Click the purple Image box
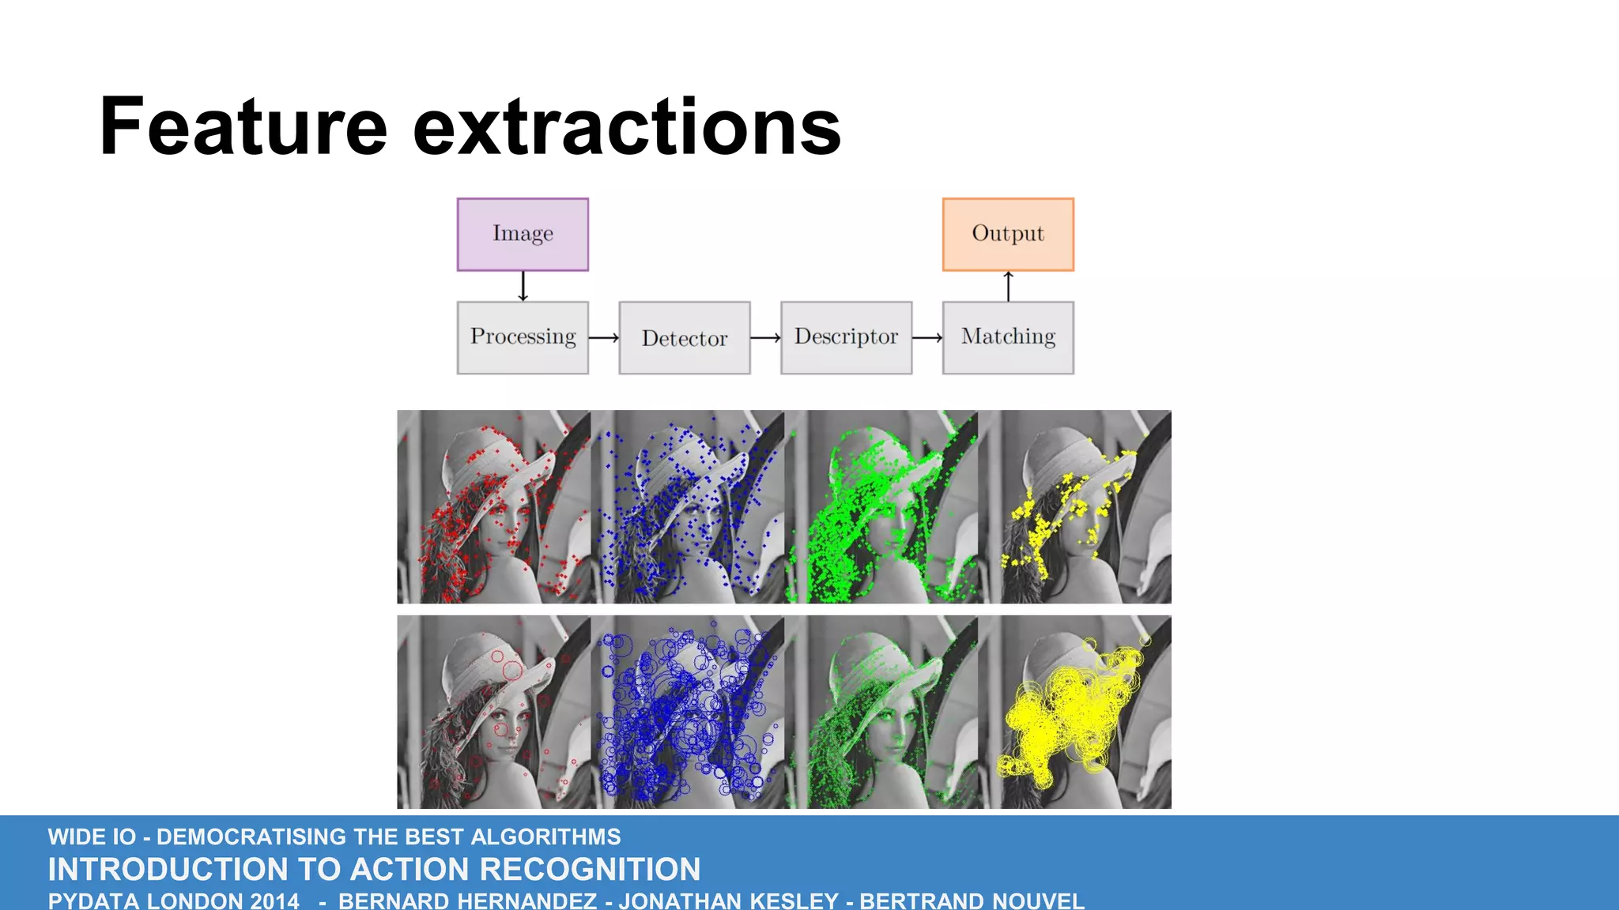click(x=523, y=235)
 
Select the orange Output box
click(x=1008, y=235)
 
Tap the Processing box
click(x=523, y=337)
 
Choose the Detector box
click(x=685, y=337)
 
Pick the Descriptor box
click(x=846, y=337)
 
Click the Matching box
click(x=1008, y=337)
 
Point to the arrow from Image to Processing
click(x=523, y=286)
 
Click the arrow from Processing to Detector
click(x=604, y=338)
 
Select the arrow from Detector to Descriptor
click(x=765, y=338)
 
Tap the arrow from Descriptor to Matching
click(x=927, y=338)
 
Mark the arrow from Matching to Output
click(x=1008, y=286)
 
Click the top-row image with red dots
click(x=493, y=506)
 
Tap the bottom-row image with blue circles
click(x=688, y=713)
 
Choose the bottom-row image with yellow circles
click(x=1085, y=713)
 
